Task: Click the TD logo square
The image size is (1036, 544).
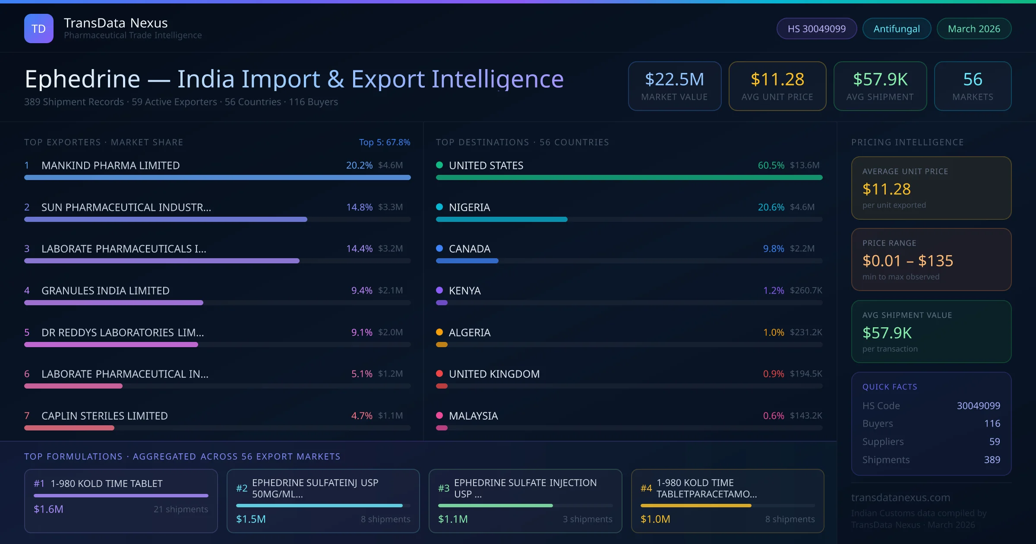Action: (39, 28)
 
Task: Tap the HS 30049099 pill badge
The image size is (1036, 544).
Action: (816, 29)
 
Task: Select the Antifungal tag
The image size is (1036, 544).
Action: (897, 29)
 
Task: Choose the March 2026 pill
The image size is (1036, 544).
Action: (974, 29)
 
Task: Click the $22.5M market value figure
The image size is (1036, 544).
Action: (674, 79)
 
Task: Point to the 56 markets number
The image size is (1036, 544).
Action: (973, 79)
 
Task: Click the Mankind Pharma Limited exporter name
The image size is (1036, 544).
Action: (111, 165)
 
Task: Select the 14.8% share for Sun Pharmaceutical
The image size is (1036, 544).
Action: (359, 207)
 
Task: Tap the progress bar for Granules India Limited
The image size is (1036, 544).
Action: (114, 303)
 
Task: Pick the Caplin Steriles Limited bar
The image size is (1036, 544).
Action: (69, 428)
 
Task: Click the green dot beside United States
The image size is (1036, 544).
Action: (439, 165)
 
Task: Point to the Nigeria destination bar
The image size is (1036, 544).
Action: (502, 219)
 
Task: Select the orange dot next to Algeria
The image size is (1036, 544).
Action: (439, 332)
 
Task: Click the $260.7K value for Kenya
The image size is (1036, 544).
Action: (806, 291)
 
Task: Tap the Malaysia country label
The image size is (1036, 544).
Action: (473, 416)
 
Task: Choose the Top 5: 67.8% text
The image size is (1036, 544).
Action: (384, 142)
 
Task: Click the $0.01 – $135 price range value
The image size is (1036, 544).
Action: (907, 261)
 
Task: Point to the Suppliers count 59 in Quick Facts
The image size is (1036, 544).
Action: (994, 442)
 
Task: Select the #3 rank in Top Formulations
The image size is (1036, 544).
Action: (444, 488)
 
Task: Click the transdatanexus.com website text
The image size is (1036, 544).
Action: (900, 498)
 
